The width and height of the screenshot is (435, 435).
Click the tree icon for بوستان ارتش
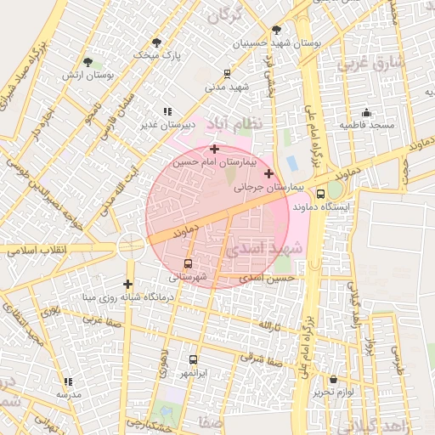pos(88,61)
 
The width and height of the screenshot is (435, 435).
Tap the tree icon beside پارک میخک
pos(156,42)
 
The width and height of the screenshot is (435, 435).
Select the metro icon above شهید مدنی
pos(227,74)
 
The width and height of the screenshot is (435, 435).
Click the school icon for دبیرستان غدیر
pos(167,111)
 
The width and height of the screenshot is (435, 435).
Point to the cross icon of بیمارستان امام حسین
pos(214,149)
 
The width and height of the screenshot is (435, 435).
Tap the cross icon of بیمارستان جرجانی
pos(269,173)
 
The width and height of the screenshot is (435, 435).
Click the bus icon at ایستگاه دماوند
pos(320,193)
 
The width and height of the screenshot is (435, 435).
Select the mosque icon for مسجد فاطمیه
pos(366,112)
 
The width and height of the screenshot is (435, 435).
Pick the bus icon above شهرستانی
pos(188,263)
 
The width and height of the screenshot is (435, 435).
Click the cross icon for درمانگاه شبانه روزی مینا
pos(127,284)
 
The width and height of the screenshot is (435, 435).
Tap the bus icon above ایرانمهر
pos(193,359)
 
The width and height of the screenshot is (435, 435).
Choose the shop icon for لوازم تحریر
pos(332,379)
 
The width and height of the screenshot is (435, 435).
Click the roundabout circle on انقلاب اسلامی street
pos(131,246)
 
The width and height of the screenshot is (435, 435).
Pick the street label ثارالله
pos(269,326)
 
